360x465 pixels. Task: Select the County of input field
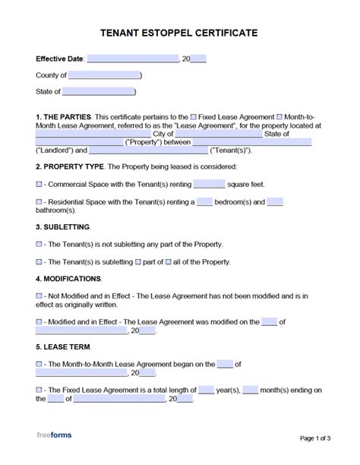[x=105, y=75]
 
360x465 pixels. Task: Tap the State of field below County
[x=98, y=92]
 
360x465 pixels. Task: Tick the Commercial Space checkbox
[x=39, y=183]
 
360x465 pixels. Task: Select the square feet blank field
[x=210, y=183]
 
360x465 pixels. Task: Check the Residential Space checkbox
[x=39, y=201]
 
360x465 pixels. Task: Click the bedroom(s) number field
[x=204, y=201]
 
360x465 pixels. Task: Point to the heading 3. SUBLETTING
[x=63, y=226]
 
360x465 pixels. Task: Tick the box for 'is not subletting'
[x=39, y=244]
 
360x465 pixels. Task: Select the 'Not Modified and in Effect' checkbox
[x=39, y=295]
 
